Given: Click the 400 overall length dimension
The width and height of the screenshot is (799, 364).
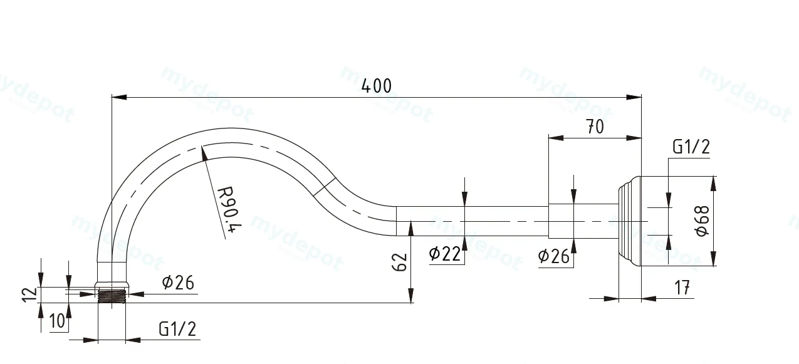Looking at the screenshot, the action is tap(377, 86).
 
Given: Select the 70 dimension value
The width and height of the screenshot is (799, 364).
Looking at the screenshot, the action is tap(595, 127).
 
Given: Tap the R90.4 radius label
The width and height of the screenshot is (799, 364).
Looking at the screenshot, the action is tap(230, 209).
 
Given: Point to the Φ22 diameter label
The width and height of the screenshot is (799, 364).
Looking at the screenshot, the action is tap(445, 254).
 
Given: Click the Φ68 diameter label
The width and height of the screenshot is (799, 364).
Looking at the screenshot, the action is tap(702, 221).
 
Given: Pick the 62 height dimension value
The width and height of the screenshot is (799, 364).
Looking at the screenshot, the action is tap(400, 262).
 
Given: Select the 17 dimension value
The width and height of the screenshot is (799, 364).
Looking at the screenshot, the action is tap(682, 288).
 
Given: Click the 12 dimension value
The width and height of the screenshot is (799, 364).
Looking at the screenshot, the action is tap(29, 294).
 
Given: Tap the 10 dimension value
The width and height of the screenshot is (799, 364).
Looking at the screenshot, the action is tap(57, 321).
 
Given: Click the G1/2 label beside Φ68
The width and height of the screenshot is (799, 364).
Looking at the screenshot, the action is tap(691, 147).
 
